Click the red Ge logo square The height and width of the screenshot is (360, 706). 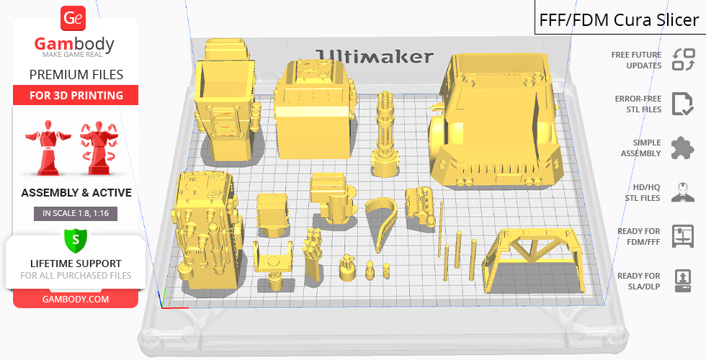pyautogui.click(x=73, y=18)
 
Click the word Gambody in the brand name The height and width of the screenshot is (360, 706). pyautogui.click(x=74, y=44)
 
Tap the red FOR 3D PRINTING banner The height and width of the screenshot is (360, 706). pyautogui.click(x=76, y=95)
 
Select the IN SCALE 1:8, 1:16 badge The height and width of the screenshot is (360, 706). pyautogui.click(x=76, y=213)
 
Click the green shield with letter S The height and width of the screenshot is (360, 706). pyautogui.click(x=76, y=240)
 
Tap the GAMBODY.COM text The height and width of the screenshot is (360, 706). pyautogui.click(x=76, y=300)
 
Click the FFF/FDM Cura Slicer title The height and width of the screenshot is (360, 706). pyautogui.click(x=619, y=20)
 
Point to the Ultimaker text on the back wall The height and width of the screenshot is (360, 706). pyautogui.click(x=374, y=56)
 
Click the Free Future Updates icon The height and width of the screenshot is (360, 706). pyautogui.click(x=683, y=60)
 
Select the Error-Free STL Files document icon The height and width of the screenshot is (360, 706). pyautogui.click(x=682, y=104)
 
